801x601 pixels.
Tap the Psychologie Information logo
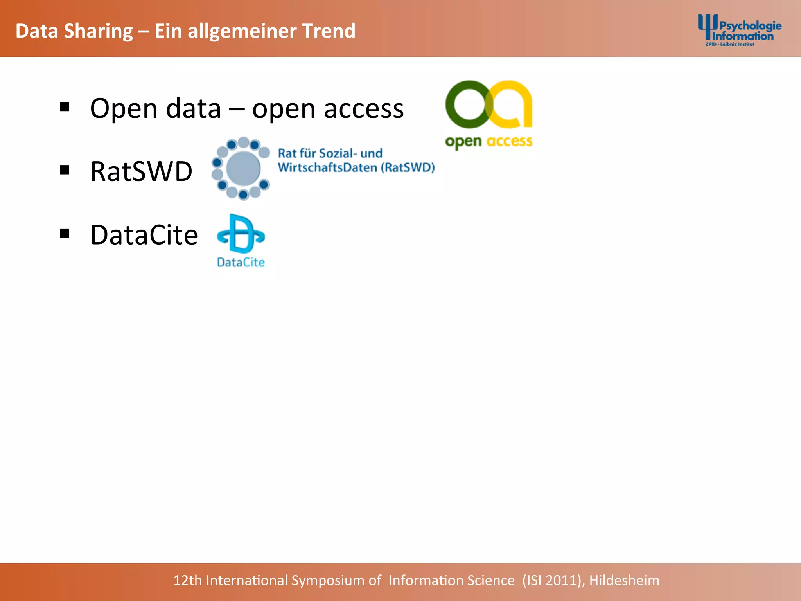[739, 31]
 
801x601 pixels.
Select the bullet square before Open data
[65, 106]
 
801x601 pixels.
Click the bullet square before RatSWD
[65, 170]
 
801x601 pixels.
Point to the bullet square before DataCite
[65, 233]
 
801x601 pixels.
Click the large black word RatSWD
[141, 171]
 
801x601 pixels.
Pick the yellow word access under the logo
[509, 141]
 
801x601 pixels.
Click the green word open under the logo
[463, 142]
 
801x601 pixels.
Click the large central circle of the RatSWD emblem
[243, 168]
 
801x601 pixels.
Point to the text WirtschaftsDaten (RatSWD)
[356, 167]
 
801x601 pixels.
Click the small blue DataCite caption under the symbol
[241, 262]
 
